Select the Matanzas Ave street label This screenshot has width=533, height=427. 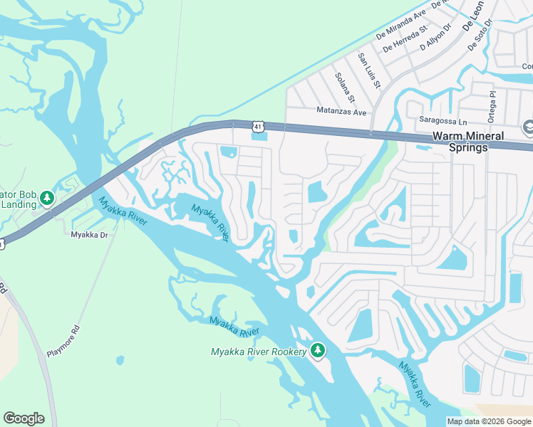tap(341, 112)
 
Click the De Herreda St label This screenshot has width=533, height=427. tap(404, 40)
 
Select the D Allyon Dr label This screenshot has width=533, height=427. tap(436, 37)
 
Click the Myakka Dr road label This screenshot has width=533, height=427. tap(89, 234)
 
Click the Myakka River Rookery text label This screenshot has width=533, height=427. tap(259, 352)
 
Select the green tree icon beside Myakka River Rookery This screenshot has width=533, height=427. tap(318, 350)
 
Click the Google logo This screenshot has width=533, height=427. tap(24, 418)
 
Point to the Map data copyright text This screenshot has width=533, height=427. tap(488, 421)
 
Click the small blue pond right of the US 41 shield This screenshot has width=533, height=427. tap(260, 137)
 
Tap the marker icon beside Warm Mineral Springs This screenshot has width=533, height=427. tap(527, 128)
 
